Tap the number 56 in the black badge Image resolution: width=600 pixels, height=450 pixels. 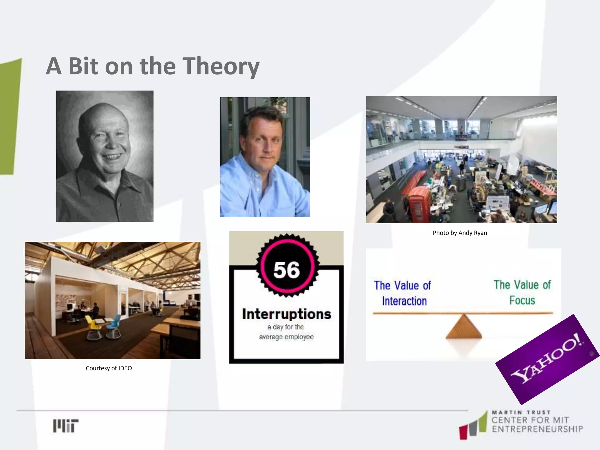287,270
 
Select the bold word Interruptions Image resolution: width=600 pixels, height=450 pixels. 287,314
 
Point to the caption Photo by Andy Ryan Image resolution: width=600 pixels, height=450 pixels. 460,233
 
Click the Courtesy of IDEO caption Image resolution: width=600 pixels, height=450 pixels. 109,368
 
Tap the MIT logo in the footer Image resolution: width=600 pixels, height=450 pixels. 66,425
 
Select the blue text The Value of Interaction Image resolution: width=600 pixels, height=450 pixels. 403,293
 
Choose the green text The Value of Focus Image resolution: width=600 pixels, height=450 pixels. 522,292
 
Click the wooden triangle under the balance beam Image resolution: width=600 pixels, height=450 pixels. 464,328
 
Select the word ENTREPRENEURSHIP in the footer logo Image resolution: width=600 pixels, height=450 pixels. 537,429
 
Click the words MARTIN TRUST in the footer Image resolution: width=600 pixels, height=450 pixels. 521,412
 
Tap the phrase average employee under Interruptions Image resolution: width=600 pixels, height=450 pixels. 286,337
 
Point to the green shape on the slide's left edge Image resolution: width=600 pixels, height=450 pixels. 11,117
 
